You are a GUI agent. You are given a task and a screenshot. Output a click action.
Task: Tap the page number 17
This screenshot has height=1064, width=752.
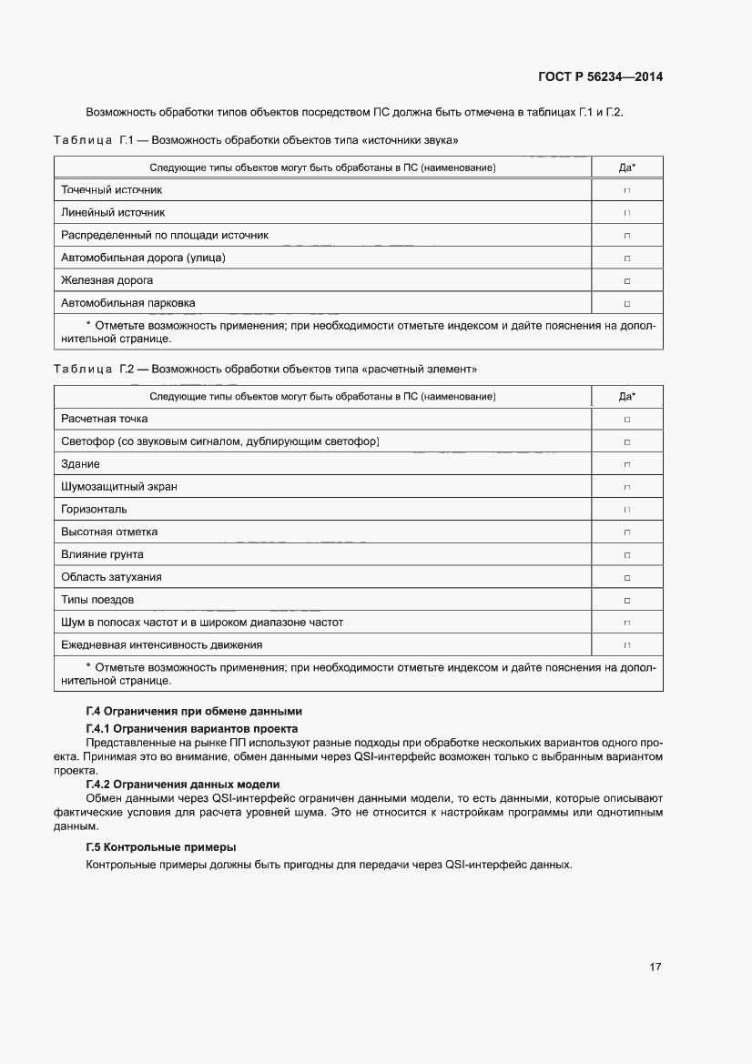pyautogui.click(x=655, y=967)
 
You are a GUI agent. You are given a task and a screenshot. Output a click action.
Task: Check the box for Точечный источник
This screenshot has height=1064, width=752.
pyautogui.click(x=626, y=191)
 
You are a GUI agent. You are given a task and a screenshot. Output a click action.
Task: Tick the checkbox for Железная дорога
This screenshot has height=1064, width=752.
pyautogui.click(x=626, y=281)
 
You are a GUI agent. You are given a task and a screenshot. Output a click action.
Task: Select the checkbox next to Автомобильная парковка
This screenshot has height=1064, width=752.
pyautogui.click(x=626, y=304)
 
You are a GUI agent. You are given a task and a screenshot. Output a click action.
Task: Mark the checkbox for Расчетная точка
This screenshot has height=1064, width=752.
pyautogui.click(x=626, y=420)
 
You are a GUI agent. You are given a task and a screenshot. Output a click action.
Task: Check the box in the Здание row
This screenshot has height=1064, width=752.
pyautogui.click(x=626, y=465)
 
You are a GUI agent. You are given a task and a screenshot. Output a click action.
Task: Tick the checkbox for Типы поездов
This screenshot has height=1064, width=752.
pyautogui.click(x=626, y=601)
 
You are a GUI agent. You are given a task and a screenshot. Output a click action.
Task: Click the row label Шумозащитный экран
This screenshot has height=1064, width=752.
pyautogui.click(x=118, y=487)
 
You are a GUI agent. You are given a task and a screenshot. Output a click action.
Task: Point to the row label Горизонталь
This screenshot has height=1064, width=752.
pyautogui.click(x=94, y=510)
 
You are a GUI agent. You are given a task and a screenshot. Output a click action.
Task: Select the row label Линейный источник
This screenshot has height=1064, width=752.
pyautogui.click(x=113, y=213)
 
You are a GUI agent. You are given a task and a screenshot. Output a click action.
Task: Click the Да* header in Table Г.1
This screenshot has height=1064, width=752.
pyautogui.click(x=626, y=167)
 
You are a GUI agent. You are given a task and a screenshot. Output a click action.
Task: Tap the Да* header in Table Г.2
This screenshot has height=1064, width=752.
pyautogui.click(x=626, y=397)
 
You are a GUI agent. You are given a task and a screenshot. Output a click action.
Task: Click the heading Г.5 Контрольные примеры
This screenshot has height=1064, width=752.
pyautogui.click(x=160, y=847)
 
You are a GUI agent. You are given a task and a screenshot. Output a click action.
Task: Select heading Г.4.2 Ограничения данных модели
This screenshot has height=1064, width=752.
pyautogui.click(x=182, y=784)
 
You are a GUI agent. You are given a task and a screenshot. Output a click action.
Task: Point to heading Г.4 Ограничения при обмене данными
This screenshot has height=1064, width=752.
pyautogui.click(x=193, y=711)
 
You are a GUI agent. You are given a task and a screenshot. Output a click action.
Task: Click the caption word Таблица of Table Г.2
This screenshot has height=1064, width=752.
pyautogui.click(x=82, y=370)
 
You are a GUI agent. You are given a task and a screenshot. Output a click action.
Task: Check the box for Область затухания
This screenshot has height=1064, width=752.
pyautogui.click(x=626, y=578)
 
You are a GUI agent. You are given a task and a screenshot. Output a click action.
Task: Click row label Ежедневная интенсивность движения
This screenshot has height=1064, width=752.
pyautogui.click(x=161, y=645)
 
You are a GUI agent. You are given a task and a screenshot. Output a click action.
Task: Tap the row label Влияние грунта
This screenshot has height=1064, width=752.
pyautogui.click(x=102, y=555)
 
